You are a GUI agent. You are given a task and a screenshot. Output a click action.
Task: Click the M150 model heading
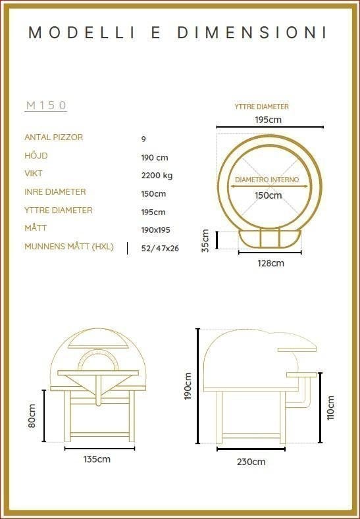click(x=46, y=105)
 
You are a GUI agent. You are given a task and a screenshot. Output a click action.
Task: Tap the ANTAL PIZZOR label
click(x=54, y=137)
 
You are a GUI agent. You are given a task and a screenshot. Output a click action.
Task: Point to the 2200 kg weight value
click(x=157, y=176)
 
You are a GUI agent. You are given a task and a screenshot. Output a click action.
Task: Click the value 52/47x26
click(x=160, y=248)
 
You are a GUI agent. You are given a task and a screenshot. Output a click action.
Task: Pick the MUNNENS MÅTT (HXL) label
click(x=69, y=247)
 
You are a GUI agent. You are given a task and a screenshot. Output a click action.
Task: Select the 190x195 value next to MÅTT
click(x=156, y=230)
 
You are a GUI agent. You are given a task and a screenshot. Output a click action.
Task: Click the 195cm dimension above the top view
click(x=269, y=120)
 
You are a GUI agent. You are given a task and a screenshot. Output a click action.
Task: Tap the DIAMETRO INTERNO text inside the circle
click(x=267, y=180)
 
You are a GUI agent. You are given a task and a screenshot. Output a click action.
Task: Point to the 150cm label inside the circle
click(x=269, y=195)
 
